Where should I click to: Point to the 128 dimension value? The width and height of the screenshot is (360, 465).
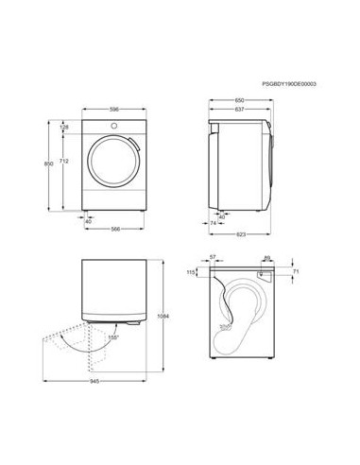64,128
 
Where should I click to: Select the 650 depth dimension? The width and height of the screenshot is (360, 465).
241,99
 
